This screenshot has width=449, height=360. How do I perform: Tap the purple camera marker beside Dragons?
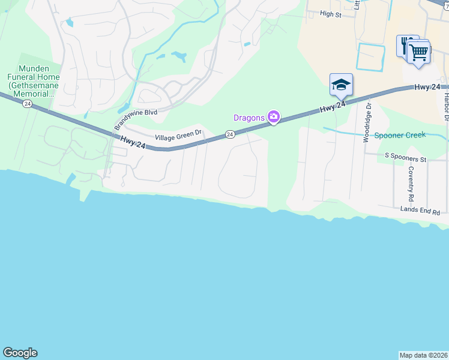pyautogui.click(x=274, y=117)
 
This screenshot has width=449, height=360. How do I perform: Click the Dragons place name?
pyautogui.click(x=249, y=118)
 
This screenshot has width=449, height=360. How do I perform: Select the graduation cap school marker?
pyautogui.click(x=341, y=85)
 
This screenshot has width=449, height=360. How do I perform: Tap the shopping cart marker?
pyautogui.click(x=418, y=52)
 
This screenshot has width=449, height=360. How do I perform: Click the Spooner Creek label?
pyautogui.click(x=400, y=135)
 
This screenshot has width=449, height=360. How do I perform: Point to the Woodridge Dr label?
pyautogui.click(x=367, y=123)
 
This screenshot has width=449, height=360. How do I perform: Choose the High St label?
pyautogui.click(x=330, y=13)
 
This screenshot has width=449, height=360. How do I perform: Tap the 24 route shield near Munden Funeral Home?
pyautogui.click(x=28, y=104)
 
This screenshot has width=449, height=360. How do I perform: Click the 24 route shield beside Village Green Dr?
pyautogui.click(x=229, y=135)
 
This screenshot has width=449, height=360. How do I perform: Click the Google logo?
pyautogui.click(x=20, y=353)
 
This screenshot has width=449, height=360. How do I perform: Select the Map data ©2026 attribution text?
pyautogui.click(x=423, y=355)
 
